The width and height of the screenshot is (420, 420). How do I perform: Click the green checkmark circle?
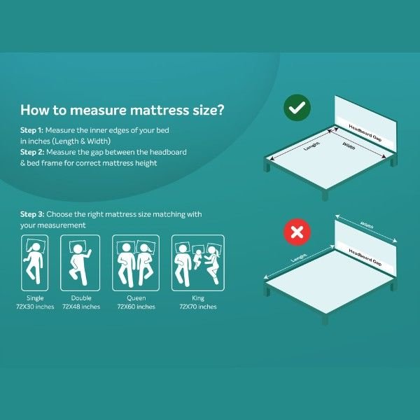pyautogui.click(x=297, y=108)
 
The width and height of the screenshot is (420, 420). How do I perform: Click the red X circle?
pyautogui.click(x=297, y=232)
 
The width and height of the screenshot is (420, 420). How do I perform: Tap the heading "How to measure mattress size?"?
pyautogui.click(x=122, y=110)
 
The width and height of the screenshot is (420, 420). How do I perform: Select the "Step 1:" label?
pyautogui.click(x=31, y=130)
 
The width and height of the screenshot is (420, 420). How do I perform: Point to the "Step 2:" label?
pyautogui.click(x=32, y=152)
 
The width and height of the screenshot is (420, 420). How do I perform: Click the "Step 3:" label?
pyautogui.click(x=32, y=214)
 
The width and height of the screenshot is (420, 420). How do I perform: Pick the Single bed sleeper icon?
pyautogui.click(x=35, y=262)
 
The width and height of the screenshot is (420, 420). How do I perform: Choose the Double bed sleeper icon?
pyautogui.click(x=80, y=262)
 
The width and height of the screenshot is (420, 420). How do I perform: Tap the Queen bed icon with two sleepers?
pyautogui.click(x=136, y=262)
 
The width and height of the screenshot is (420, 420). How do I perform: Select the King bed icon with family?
pyautogui.click(x=198, y=262)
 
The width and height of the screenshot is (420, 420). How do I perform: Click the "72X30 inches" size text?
pyautogui.click(x=35, y=307)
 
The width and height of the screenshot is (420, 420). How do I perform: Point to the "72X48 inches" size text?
pyautogui.click(x=81, y=307)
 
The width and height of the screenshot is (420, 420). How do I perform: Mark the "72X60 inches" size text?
pyautogui.click(x=136, y=307)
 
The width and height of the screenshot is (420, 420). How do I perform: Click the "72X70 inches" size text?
pyautogui.click(x=198, y=307)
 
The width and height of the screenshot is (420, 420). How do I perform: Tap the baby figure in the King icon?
pyautogui.click(x=197, y=258)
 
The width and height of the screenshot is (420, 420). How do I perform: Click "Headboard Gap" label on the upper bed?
pyautogui.click(x=365, y=132)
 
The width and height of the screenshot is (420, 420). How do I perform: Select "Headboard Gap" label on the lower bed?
pyautogui.click(x=365, y=257)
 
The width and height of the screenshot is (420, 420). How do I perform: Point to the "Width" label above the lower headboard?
pyautogui.click(x=367, y=225)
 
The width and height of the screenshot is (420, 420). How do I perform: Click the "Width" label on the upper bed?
pyautogui.click(x=349, y=146)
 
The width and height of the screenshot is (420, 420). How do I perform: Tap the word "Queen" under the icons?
pyautogui.click(x=136, y=298)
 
